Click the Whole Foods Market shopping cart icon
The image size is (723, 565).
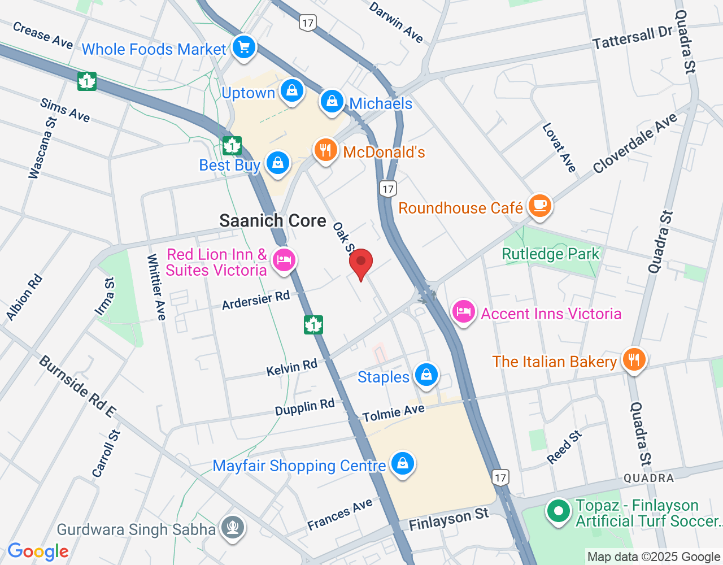coord(244,47)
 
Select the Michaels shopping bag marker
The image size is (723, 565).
coord(332,102)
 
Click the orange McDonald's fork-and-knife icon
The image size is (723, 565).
coord(325,151)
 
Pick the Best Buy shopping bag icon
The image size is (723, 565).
coord(277,163)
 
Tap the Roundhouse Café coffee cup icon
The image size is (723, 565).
coord(540,205)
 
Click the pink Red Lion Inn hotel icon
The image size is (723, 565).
coord(284,260)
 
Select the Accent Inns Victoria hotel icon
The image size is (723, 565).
coord(463,312)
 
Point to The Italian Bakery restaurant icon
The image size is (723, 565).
coord(634,360)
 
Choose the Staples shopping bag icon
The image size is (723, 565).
coord(426,375)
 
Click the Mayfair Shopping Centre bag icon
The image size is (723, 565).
coord(402,463)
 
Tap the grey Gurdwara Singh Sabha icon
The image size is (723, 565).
coord(233,527)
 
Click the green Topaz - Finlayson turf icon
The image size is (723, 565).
coord(559,512)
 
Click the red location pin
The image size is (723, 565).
coord(361,263)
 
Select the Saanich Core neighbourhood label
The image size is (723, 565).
coord(273,221)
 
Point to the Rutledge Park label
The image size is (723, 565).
coord(550,254)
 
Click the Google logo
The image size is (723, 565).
coord(38,551)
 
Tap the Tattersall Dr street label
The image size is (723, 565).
coord(632,38)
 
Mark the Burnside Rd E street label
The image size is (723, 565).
coord(77,386)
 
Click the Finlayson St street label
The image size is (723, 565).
coord(448,519)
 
